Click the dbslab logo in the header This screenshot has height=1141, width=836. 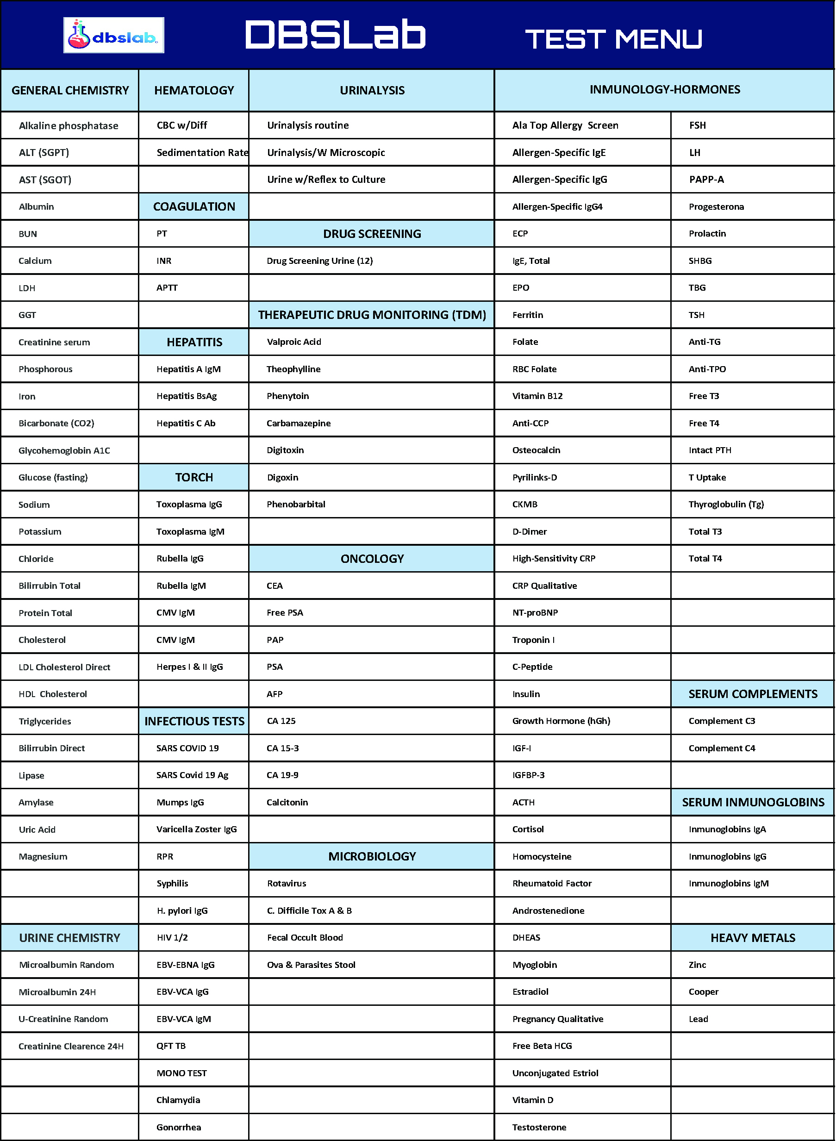click(113, 36)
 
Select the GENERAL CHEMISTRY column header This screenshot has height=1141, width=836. click(70, 91)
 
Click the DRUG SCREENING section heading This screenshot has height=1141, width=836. click(372, 234)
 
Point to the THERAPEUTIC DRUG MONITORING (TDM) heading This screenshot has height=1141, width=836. click(372, 315)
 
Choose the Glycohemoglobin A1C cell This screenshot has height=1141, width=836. click(64, 450)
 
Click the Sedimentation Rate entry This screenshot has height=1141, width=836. click(202, 152)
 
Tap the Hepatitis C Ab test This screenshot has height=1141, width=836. click(186, 423)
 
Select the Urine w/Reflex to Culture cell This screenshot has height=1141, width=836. click(326, 179)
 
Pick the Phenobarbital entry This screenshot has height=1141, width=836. click(296, 504)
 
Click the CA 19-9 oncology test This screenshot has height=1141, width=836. click(282, 775)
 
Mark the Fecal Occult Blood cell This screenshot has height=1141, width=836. click(305, 937)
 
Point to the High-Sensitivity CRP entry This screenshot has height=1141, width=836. click(554, 558)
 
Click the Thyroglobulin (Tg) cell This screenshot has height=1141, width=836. click(726, 504)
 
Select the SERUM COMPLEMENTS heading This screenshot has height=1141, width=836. click(753, 694)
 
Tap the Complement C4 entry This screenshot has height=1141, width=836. click(722, 748)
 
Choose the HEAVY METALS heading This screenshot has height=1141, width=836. click(753, 938)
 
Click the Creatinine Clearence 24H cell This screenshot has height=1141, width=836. click(71, 1046)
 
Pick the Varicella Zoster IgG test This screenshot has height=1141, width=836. click(196, 829)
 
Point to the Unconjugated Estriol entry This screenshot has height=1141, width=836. click(555, 1072)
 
